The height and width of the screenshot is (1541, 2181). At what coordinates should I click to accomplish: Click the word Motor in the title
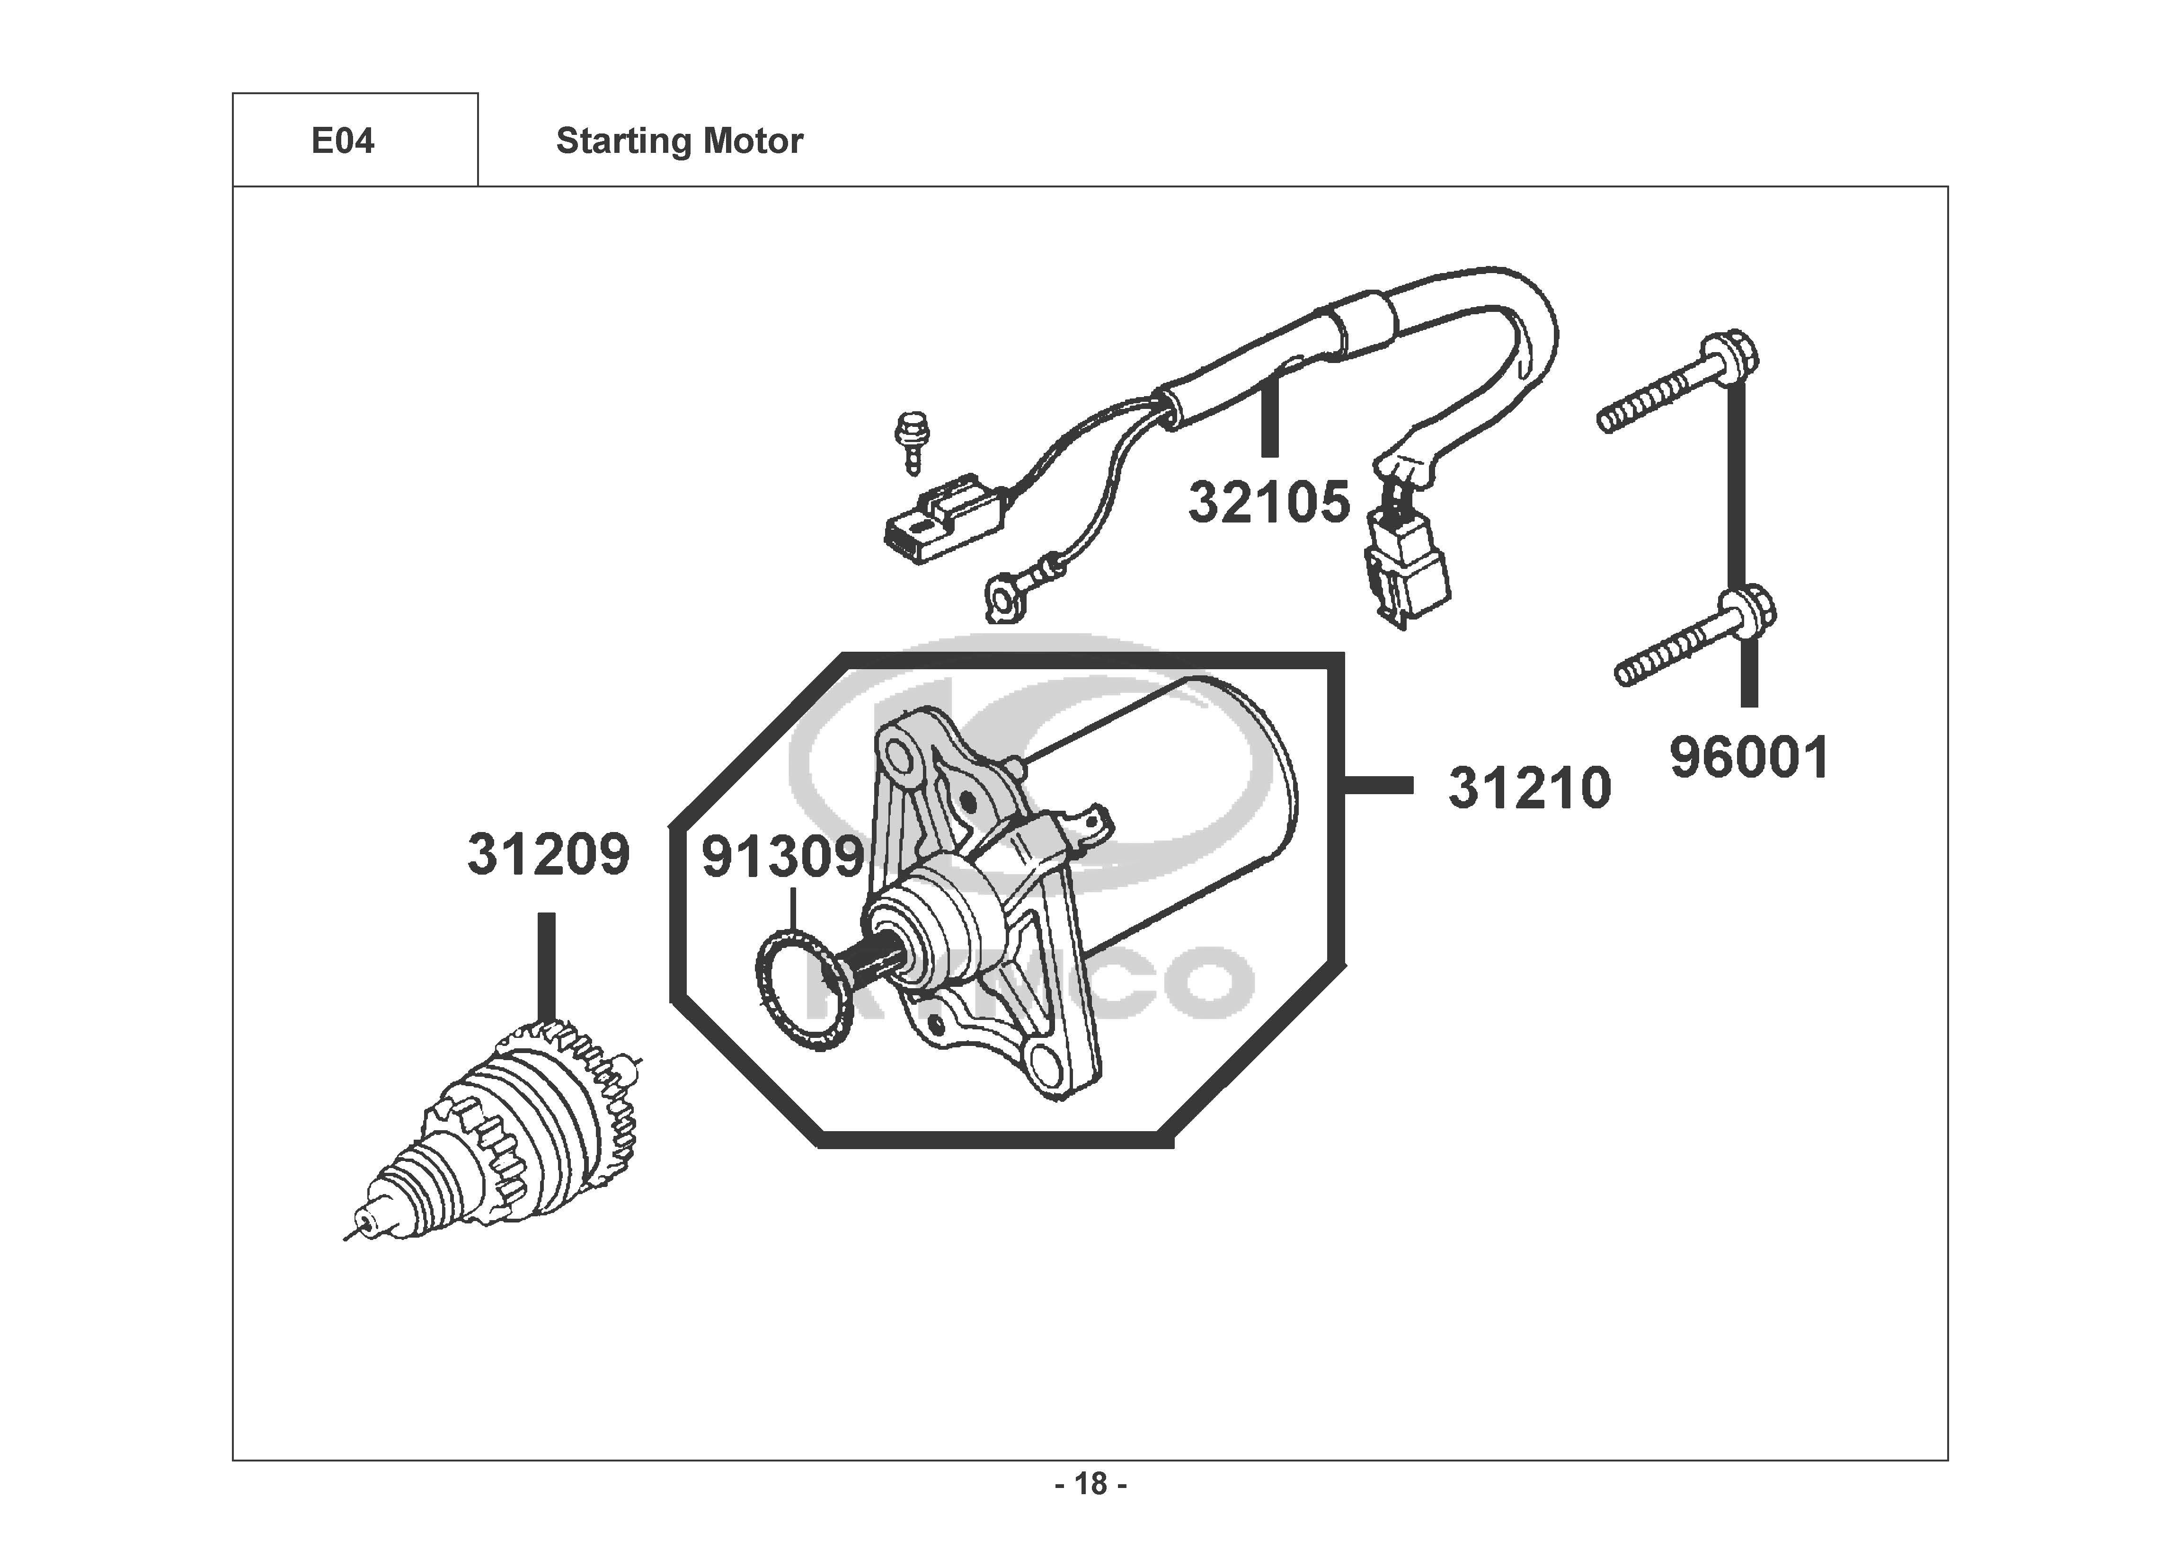point(754,142)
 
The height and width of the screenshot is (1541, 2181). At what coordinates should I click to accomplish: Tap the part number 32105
point(1268,503)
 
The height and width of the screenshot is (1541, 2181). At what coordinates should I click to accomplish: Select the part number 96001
point(1749,759)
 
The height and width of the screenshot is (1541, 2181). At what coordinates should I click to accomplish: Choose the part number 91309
point(782,858)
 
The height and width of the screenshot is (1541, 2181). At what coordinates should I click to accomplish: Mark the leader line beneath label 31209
point(546,965)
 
